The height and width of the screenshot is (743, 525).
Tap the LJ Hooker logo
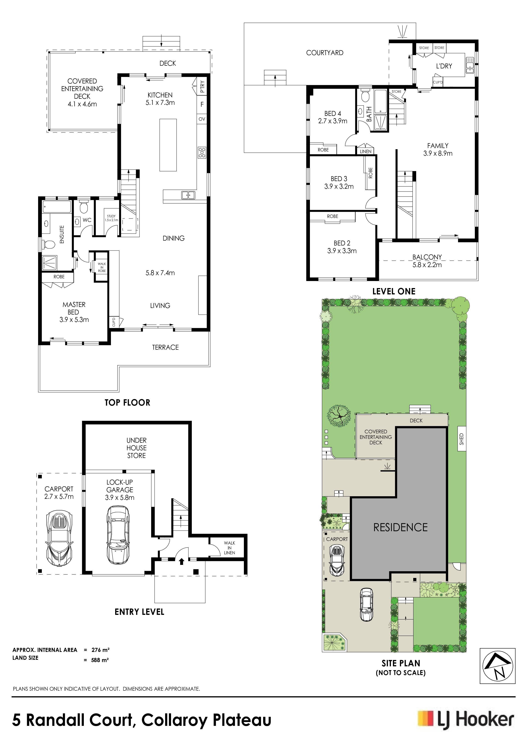pos(466,720)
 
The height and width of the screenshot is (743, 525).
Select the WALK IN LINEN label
pos(229,548)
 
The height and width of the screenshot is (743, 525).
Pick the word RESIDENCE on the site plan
pos(401,527)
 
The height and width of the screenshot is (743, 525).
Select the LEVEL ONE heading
pos(394,291)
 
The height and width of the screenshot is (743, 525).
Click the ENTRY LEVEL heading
pos(140,612)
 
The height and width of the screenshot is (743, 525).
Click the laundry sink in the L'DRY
pos(469,65)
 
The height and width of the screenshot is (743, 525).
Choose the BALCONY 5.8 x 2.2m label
pos(427,261)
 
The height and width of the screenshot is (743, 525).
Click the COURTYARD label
pos(325,53)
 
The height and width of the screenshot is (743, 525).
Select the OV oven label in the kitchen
pos(202,119)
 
